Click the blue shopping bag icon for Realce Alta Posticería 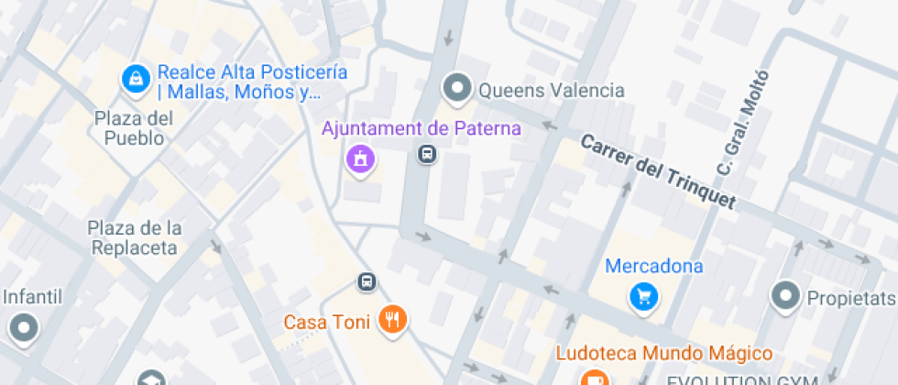[x=135, y=79]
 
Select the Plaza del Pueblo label [x=134, y=128]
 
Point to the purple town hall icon [x=360, y=158]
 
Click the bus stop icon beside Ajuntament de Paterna [x=427, y=153]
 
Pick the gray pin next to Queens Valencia [x=456, y=89]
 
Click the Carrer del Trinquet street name [x=659, y=173]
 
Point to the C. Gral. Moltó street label [x=740, y=125]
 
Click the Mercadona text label [x=654, y=267]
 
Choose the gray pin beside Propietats [x=785, y=297]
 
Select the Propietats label [x=849, y=299]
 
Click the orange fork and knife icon [x=395, y=319]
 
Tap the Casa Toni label [x=326, y=322]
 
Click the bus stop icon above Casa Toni [x=367, y=281]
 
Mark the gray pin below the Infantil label [x=24, y=326]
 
